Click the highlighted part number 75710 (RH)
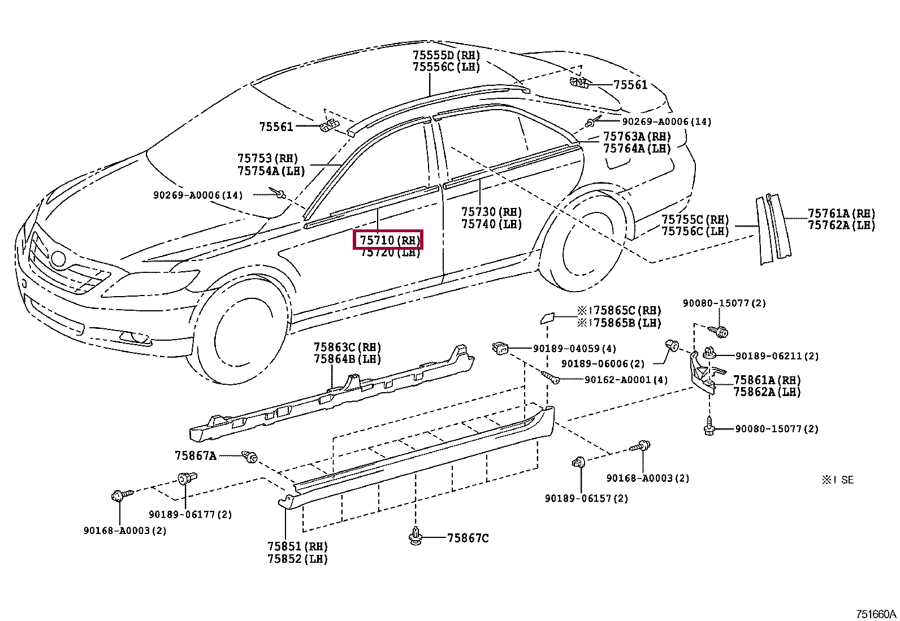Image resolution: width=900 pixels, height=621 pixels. pos(388,240)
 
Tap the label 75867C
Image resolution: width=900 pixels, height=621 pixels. pos(468,539)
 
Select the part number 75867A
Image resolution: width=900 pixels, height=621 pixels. pos(195,455)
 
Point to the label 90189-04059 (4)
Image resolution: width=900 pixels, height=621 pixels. pos(574,349)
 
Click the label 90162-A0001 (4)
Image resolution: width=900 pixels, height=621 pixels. pos(626,380)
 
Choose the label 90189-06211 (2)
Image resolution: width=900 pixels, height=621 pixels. pos(777,356)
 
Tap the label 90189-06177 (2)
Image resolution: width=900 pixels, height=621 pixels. pos(191,514)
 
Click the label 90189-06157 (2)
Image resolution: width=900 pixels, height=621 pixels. pos(586,498)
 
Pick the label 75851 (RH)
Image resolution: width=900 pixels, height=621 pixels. pos(298,546)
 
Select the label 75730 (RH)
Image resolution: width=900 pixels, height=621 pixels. pos(491,212)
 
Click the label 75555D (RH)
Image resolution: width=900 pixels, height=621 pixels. pos(447,55)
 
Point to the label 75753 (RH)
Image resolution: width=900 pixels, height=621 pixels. pos(267,158)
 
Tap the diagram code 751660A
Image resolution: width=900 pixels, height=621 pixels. pos(876,614)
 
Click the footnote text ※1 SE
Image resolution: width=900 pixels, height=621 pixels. pos(838,480)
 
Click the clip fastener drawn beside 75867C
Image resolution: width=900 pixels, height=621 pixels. pos(416,535)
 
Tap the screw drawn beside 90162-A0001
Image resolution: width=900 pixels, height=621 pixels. pos(551,377)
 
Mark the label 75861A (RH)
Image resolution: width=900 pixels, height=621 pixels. pos(767,380)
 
